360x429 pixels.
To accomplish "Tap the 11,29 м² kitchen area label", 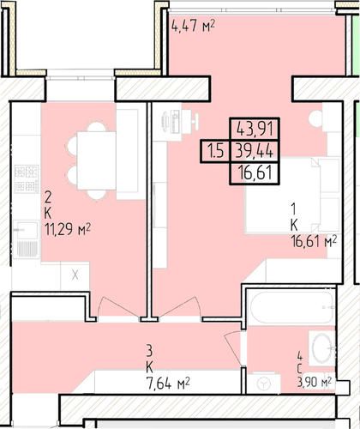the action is [68, 229].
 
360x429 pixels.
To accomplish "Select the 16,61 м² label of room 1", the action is [314, 242].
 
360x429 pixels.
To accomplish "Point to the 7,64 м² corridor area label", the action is [168, 383].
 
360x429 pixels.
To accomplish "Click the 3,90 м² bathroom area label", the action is [315, 382].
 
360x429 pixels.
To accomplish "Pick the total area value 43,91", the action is [255, 130].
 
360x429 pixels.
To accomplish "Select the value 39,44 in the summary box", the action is [255, 151].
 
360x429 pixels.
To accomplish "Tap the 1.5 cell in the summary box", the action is [215, 151].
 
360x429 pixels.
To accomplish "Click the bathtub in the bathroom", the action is [291, 307].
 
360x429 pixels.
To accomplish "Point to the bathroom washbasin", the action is [322, 348].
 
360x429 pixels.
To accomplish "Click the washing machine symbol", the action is [263, 384].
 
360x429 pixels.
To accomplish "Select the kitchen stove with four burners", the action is [27, 179].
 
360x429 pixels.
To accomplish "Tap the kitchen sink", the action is [27, 239].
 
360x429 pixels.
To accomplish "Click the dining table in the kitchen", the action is [97, 160].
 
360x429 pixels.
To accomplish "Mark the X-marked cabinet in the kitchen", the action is [75, 275].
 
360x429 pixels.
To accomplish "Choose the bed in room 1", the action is [292, 196].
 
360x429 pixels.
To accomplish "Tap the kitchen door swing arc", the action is [117, 306].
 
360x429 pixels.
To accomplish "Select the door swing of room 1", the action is [179, 306].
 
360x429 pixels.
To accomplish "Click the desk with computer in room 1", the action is [175, 122].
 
